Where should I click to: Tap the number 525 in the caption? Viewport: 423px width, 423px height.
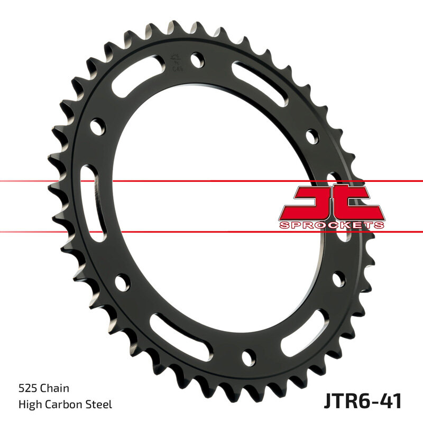[x=27, y=389]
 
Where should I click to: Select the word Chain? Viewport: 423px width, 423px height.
[x=56, y=389]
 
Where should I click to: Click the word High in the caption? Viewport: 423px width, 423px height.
[x=28, y=405]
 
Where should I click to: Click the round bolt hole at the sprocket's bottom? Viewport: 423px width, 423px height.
[x=248, y=355]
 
